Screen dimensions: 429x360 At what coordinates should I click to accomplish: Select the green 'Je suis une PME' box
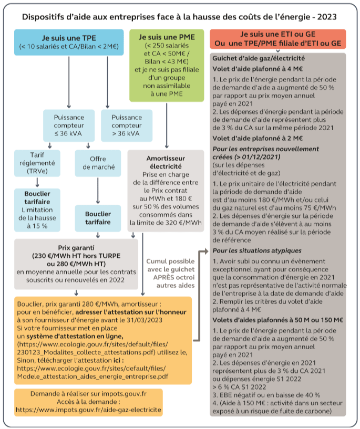pos(167,65)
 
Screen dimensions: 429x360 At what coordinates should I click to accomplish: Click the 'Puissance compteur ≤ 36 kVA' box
pos(68,125)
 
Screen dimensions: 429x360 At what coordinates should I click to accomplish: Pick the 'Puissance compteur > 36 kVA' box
pos(127,125)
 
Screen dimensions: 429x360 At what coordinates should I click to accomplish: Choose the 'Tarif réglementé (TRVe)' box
pos(37,163)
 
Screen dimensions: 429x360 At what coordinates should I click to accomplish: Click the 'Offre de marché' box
pos(98,163)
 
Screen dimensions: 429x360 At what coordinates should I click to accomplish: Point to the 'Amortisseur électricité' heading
pos(166,162)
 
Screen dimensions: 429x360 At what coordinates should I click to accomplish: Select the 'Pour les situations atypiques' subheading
pos(251,250)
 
